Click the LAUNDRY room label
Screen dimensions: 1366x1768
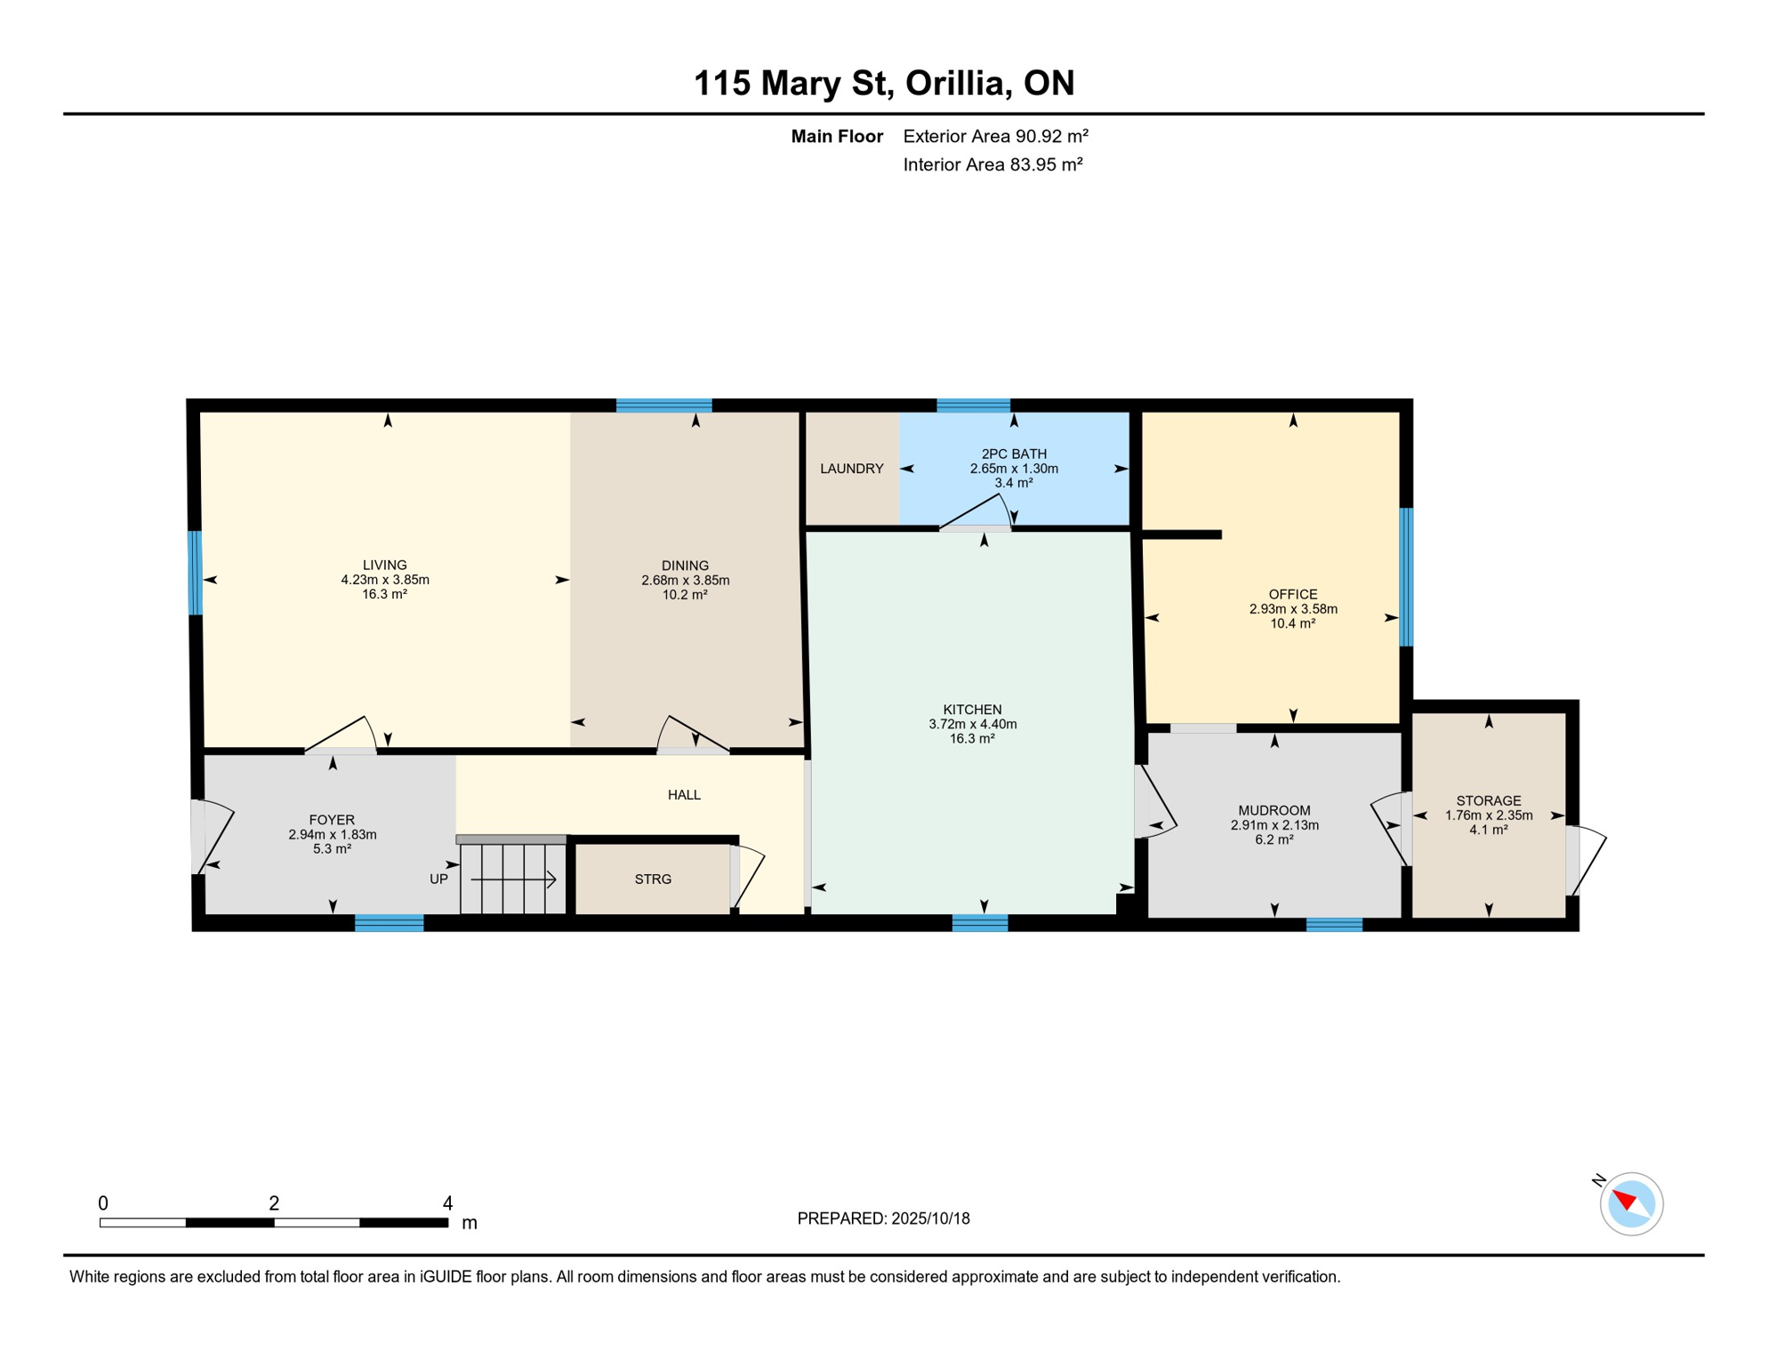[851, 469]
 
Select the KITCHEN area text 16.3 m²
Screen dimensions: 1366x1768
[972, 739]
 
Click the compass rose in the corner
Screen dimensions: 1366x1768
[1631, 1204]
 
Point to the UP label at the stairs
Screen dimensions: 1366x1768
[438, 880]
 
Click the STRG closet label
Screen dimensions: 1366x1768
[653, 880]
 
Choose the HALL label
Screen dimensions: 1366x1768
[684, 795]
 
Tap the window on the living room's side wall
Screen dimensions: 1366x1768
[195, 573]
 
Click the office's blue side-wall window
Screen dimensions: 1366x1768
[1406, 576]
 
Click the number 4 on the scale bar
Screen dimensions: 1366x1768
[447, 1203]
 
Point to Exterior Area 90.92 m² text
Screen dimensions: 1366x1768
[995, 136]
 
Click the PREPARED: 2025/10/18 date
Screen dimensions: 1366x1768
[883, 1218]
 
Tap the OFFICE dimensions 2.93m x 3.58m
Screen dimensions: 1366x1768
[1293, 609]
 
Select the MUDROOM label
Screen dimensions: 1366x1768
[1274, 810]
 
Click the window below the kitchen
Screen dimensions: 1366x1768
[979, 923]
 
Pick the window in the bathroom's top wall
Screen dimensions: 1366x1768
[973, 406]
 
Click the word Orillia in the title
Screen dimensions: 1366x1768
[958, 83]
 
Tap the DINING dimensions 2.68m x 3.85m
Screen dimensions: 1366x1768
[685, 581]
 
